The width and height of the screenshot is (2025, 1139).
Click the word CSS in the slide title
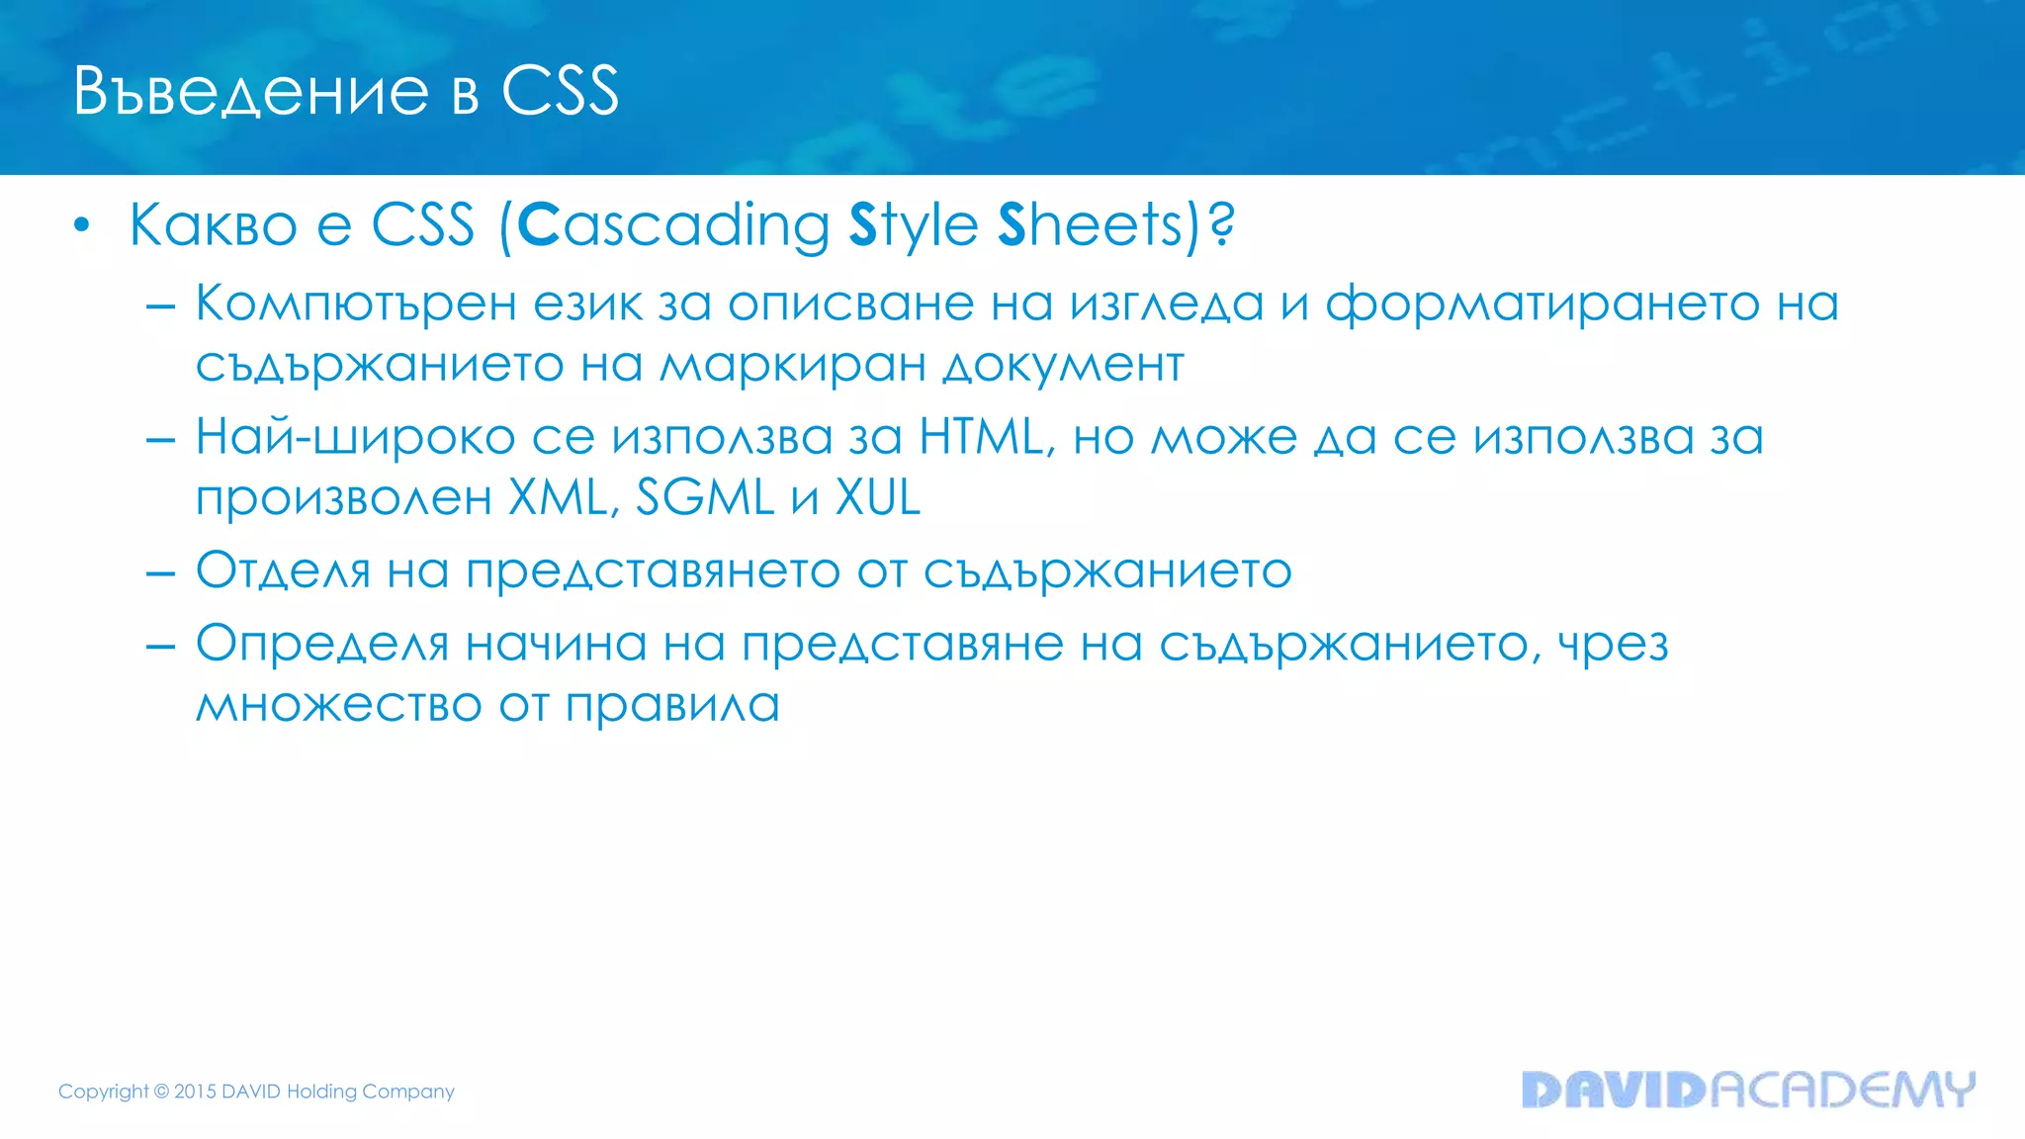coord(560,92)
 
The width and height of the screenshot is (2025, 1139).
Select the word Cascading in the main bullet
coord(673,225)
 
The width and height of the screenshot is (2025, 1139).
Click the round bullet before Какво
coord(82,226)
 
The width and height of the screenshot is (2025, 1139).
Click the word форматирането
coord(1542,304)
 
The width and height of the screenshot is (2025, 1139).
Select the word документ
coord(1063,365)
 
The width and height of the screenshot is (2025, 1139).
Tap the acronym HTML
coord(981,437)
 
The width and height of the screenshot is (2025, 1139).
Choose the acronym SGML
coord(704,497)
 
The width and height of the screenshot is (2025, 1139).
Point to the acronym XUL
coord(878,497)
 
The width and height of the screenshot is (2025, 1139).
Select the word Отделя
coord(283,570)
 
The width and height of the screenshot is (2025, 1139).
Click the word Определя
coord(322,645)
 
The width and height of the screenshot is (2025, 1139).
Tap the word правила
coord(672,705)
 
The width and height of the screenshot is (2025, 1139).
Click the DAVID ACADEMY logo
coord(1748,1090)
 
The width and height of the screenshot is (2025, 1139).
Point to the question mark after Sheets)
coord(1222,225)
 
